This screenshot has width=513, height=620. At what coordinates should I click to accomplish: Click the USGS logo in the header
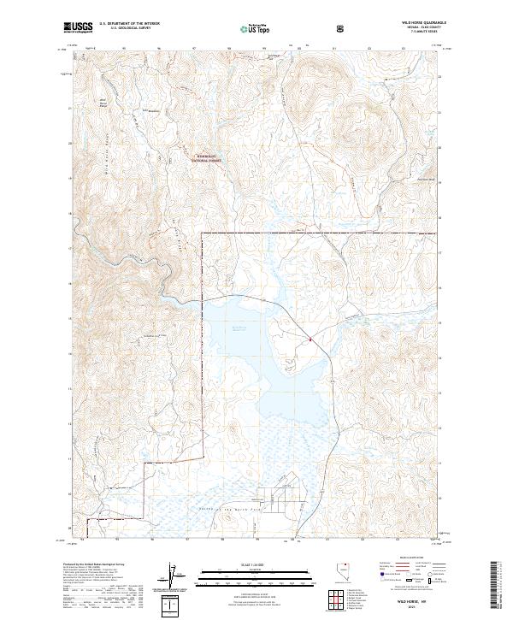click(79, 27)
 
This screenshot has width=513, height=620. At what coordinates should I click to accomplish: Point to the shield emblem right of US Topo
click(295, 28)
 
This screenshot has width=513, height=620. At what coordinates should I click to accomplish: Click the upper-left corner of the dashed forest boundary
click(202, 233)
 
